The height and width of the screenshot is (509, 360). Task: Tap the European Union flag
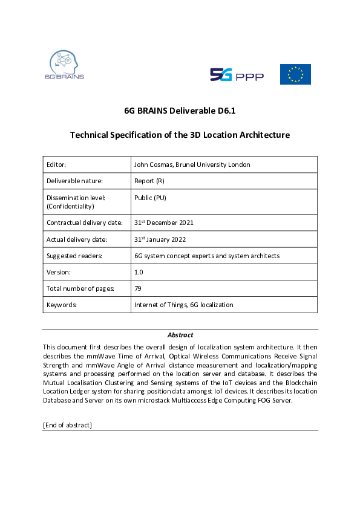tap(295, 74)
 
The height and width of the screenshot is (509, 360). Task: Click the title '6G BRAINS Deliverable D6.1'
tap(180, 111)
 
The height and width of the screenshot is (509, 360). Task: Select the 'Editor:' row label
tap(56, 164)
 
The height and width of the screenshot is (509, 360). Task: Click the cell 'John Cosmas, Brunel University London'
tap(192, 164)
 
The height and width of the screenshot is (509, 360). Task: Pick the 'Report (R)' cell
tap(149, 180)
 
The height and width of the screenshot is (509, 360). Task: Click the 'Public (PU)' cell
tap(150, 198)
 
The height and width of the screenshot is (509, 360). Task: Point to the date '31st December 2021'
tap(163, 222)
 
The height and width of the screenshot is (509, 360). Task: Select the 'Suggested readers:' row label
tap(74, 256)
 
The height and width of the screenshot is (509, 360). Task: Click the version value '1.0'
tap(139, 272)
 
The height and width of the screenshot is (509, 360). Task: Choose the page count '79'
tap(138, 288)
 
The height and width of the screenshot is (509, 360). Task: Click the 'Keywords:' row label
tap(62, 305)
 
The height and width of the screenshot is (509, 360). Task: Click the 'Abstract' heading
tap(180, 335)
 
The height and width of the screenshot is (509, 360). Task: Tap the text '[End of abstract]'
tap(67, 425)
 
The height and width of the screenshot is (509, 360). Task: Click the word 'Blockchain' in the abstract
tap(300, 382)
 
